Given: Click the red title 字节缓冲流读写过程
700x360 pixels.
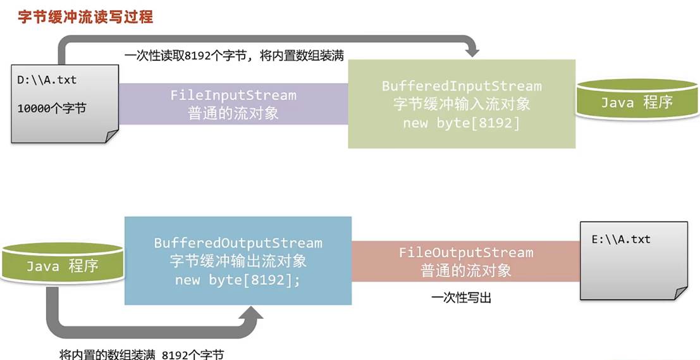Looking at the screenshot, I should click(x=85, y=16).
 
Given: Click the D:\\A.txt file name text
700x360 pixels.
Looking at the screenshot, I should click(x=47, y=80).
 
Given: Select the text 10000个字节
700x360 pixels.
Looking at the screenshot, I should click(x=51, y=108).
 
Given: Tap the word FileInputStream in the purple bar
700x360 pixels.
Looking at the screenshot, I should click(x=233, y=96).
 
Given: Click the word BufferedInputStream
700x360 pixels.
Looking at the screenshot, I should click(x=462, y=86).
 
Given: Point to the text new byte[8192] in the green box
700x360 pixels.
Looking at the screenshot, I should click(x=461, y=123).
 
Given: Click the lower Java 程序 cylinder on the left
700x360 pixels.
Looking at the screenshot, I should click(x=62, y=266).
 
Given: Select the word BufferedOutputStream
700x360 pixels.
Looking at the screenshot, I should click(x=238, y=243).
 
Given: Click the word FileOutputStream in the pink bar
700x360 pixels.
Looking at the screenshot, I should click(x=466, y=253).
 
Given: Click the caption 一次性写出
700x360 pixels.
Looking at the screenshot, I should click(x=462, y=297).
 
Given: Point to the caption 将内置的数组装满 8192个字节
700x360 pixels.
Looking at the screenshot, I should click(x=141, y=354).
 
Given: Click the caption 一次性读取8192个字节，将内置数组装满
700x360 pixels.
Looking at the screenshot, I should click(x=234, y=56).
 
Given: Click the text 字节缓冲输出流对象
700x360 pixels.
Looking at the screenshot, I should click(x=238, y=261).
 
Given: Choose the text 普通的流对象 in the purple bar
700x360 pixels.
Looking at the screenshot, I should click(x=233, y=114).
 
